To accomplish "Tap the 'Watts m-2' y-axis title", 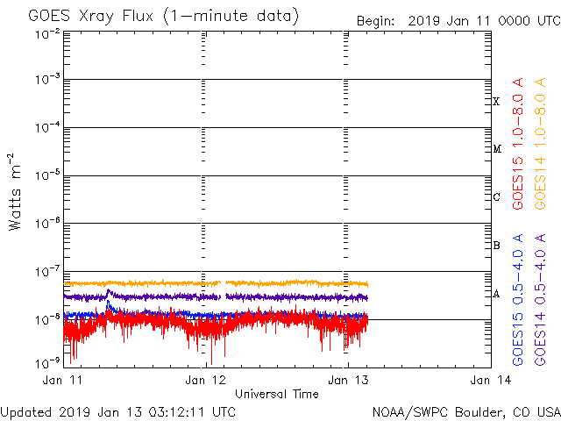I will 15,192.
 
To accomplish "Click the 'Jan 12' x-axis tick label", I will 207,380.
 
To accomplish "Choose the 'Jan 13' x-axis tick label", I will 347,380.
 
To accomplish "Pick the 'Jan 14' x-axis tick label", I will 487,380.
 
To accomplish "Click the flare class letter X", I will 496,102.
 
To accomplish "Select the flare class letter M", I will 496,149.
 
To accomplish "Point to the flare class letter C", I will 496,197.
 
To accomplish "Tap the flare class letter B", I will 496,246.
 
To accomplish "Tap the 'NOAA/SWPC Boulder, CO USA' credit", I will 465,411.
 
